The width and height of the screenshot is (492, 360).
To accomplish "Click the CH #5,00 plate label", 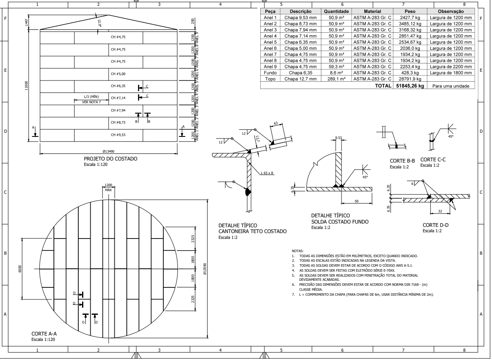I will (118, 73).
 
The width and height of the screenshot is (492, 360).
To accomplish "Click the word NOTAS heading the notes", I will (298, 251).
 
